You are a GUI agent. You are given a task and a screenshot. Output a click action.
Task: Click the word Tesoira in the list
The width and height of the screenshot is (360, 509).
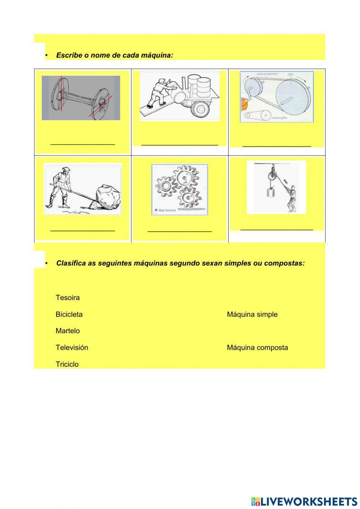[x=68, y=298]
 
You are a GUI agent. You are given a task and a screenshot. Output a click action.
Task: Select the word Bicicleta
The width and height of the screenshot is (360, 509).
[x=69, y=314]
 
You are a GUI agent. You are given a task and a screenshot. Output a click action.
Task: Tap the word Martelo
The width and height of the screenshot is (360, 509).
[x=68, y=331]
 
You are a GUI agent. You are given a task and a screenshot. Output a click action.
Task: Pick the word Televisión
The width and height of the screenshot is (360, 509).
[x=72, y=347]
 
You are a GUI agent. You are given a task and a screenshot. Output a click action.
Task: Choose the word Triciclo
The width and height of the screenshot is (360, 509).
[x=67, y=364]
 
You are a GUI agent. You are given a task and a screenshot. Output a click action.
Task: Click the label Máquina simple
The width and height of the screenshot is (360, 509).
[x=252, y=314]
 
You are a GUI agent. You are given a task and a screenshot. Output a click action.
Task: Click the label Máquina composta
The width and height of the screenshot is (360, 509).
[x=257, y=347]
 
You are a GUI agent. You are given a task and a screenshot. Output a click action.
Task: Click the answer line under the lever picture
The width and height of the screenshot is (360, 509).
[x=83, y=230]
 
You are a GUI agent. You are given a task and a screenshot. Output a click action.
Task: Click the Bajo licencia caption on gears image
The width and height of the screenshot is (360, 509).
[x=165, y=210]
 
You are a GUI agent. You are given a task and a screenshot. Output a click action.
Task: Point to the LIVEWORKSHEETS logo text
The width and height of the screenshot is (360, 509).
[x=308, y=501]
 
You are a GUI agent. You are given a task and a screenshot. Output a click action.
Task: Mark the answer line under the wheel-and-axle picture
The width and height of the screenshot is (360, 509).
[x=83, y=144]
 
